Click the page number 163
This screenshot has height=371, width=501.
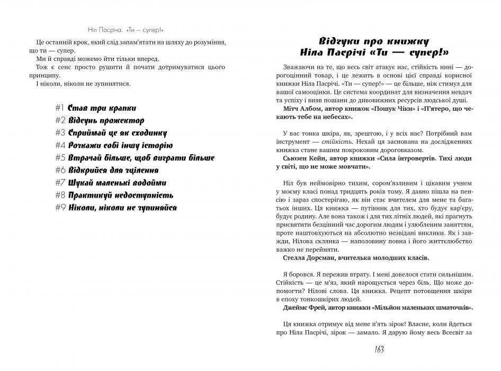(374, 350)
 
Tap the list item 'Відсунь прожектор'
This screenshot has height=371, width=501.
(105, 120)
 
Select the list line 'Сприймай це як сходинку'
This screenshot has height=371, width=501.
(117, 132)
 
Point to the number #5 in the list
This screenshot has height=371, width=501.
(60, 157)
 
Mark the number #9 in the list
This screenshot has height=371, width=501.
(60, 207)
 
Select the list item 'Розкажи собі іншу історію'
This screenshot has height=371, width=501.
(120, 145)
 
